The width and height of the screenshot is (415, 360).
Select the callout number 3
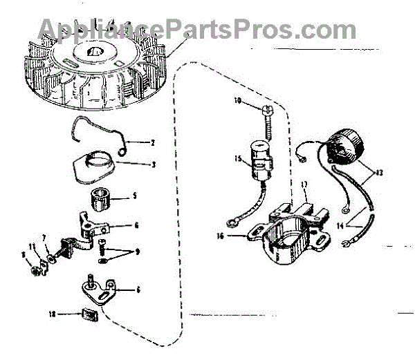pos(154,164)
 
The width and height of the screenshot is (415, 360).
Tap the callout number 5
pos(134,196)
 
